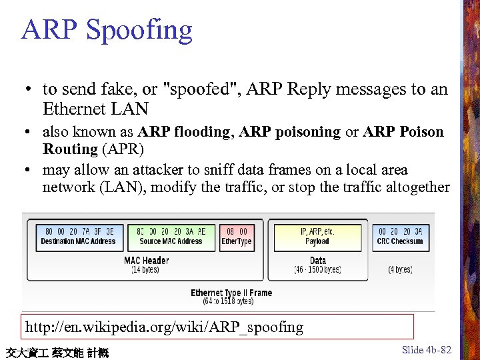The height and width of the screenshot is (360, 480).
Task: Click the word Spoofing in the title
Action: coord(139,30)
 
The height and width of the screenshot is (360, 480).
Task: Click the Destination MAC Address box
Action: coord(78,237)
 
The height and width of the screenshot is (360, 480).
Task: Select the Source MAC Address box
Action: coord(171,237)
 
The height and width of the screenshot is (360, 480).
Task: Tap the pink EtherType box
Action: coord(237,237)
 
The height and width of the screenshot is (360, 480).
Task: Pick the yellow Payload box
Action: coord(317,237)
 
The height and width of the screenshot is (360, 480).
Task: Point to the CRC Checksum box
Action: coord(400,237)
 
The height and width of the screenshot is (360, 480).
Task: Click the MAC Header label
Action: coord(146,260)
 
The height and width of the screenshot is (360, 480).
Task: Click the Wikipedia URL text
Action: coord(164,327)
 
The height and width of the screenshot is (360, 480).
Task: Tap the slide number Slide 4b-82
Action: coord(427,350)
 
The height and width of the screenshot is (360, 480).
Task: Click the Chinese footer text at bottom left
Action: coord(56,353)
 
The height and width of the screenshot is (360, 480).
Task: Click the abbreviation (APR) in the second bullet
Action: coord(122,149)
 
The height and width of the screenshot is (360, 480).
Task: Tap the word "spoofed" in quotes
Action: coord(203,89)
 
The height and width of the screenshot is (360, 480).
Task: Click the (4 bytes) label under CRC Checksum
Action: coord(400,270)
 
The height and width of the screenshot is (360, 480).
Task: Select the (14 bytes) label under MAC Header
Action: coord(145,270)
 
